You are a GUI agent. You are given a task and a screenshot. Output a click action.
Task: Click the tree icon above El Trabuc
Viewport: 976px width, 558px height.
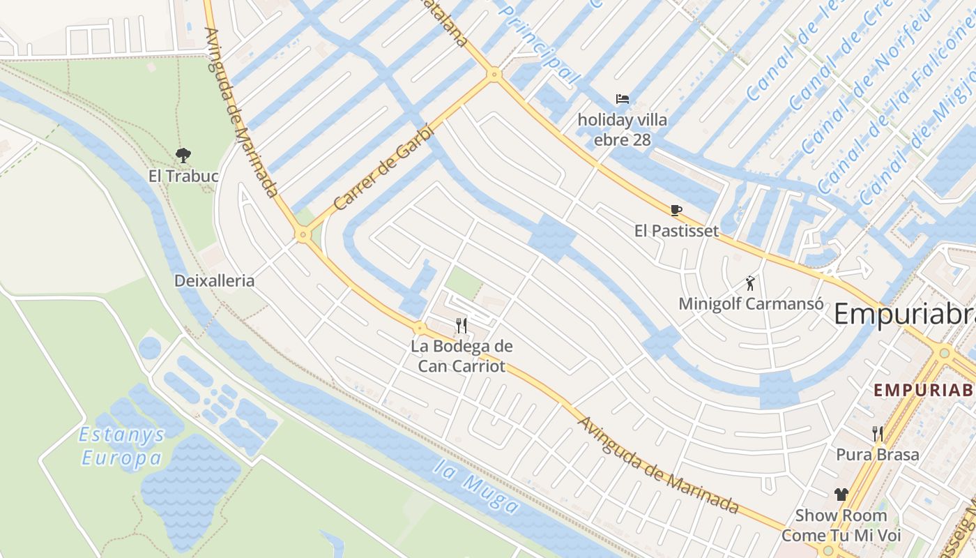[x=183, y=156]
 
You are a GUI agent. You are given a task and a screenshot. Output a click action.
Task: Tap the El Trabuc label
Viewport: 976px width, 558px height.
[x=183, y=176]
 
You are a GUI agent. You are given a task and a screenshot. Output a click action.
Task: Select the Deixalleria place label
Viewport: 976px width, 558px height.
[x=214, y=281]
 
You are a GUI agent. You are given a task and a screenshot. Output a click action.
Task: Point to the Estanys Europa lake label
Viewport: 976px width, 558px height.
[x=122, y=446]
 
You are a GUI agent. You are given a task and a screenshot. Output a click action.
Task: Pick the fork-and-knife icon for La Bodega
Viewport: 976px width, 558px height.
[x=461, y=325]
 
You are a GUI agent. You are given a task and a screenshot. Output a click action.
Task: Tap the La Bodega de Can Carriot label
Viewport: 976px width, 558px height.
[x=462, y=356]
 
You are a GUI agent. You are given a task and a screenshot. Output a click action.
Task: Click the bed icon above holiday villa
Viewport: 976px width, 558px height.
[x=623, y=99]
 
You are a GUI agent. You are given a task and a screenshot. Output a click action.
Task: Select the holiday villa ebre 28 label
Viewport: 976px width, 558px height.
[x=623, y=130]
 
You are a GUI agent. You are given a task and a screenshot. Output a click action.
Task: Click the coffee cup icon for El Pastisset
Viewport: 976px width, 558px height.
[x=676, y=210]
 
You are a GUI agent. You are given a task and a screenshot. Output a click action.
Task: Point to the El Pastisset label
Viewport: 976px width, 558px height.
[x=676, y=231]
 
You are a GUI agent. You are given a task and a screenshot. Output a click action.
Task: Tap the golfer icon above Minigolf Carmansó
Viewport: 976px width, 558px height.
[x=750, y=283]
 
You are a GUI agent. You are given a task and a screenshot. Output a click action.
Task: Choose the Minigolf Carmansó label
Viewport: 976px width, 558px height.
[x=751, y=304]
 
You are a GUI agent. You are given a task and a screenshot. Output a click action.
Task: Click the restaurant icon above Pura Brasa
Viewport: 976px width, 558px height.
[x=878, y=434]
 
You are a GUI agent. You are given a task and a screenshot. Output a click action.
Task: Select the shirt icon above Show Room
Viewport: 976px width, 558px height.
[x=841, y=495]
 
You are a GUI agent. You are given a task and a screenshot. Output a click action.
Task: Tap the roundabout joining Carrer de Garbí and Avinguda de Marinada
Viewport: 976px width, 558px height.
[x=302, y=234]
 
